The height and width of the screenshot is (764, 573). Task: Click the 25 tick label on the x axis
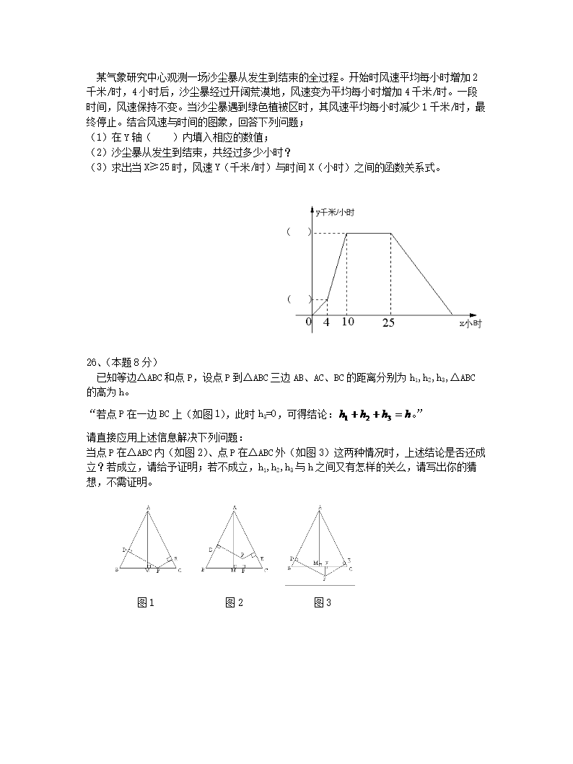coord(388,322)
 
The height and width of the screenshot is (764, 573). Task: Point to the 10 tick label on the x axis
coord(348,322)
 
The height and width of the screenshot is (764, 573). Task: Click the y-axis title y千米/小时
coord(335,211)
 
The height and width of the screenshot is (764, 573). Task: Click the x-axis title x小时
coord(471,325)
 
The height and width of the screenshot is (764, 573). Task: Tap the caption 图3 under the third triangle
coord(322,603)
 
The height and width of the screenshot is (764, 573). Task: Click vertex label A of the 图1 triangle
coord(149,506)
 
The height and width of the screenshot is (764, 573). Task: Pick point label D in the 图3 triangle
coord(292,558)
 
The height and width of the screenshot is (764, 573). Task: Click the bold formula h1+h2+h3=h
coord(377,414)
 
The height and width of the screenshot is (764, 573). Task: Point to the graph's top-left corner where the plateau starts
coord(347,232)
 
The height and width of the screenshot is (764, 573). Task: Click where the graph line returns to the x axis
coord(452,315)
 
